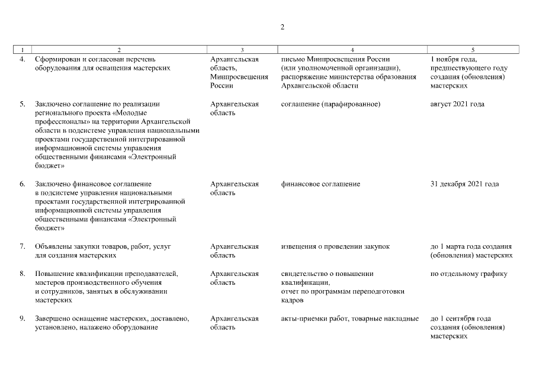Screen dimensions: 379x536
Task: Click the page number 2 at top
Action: tap(283, 27)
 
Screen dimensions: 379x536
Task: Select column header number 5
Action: tap(473, 50)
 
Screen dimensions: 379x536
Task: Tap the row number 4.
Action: tap(23, 59)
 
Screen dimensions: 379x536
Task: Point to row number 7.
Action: tap(23, 246)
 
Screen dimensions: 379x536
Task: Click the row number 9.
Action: tap(23, 319)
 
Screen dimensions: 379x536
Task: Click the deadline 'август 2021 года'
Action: tap(457, 104)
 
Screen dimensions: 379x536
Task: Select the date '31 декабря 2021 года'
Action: tap(464, 184)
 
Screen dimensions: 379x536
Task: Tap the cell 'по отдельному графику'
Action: tap(468, 274)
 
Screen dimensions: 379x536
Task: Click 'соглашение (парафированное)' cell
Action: tap(330, 104)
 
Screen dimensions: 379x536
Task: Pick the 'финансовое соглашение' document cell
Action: tap(320, 184)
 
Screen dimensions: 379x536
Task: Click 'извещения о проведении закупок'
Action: tap(335, 246)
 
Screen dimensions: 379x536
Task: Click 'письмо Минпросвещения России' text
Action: tap(335, 59)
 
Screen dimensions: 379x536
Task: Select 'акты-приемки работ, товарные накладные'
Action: tap(349, 319)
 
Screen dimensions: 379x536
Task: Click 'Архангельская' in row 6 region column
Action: tap(235, 184)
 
